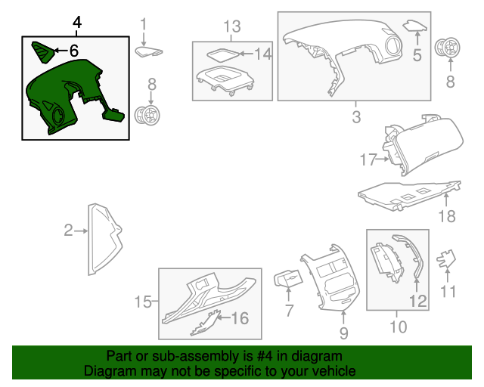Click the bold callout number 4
[x=77, y=23]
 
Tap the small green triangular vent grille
[x=42, y=51]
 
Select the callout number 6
[x=74, y=51]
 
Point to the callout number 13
[x=232, y=26]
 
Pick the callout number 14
[x=263, y=54]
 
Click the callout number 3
[x=356, y=117]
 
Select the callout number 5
[x=417, y=55]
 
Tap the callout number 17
[x=368, y=159]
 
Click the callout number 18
[x=447, y=216]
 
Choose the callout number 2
[x=69, y=231]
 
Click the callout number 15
[x=143, y=302]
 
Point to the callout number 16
[x=240, y=318]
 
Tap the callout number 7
[x=289, y=311]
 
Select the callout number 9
[x=344, y=333]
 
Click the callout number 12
[x=418, y=301]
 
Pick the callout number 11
[x=448, y=291]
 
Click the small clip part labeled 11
[x=445, y=259]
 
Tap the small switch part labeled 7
[x=288, y=279]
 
